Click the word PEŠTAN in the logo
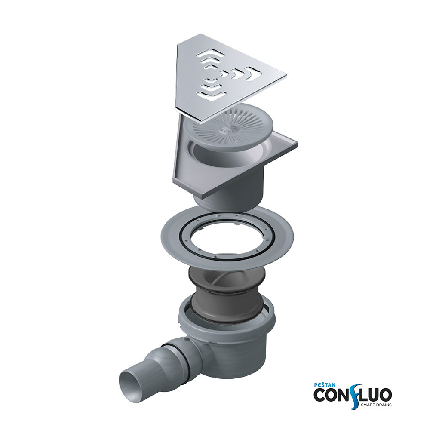[324, 385]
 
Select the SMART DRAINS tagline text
[376, 405]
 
